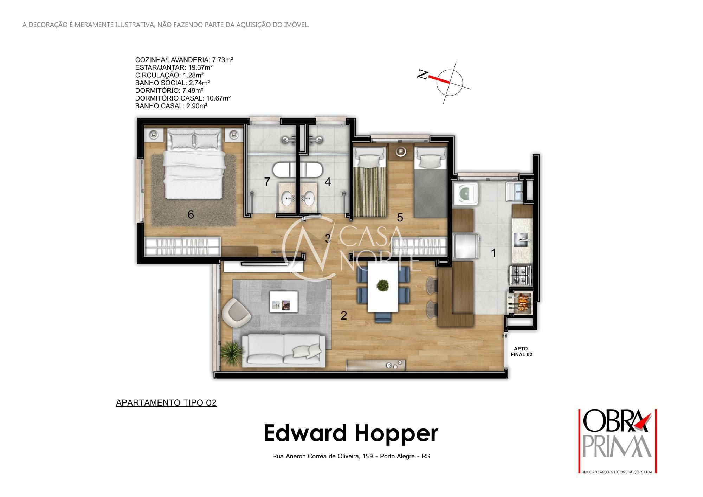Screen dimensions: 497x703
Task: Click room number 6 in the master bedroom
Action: click(x=191, y=214)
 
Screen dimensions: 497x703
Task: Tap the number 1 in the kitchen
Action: click(x=493, y=253)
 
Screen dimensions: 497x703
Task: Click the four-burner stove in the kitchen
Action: click(x=520, y=275)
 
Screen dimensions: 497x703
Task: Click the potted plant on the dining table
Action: click(x=383, y=285)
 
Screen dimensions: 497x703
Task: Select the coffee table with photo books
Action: click(x=283, y=302)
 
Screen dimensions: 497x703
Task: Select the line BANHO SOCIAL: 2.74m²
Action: click(x=173, y=83)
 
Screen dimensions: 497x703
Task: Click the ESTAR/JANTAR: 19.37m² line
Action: click(x=174, y=67)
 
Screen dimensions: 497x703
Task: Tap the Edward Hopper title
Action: click(x=351, y=433)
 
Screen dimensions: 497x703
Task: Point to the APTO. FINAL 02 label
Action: click(x=521, y=351)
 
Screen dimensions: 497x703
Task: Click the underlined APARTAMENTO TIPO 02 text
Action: click(x=166, y=403)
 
